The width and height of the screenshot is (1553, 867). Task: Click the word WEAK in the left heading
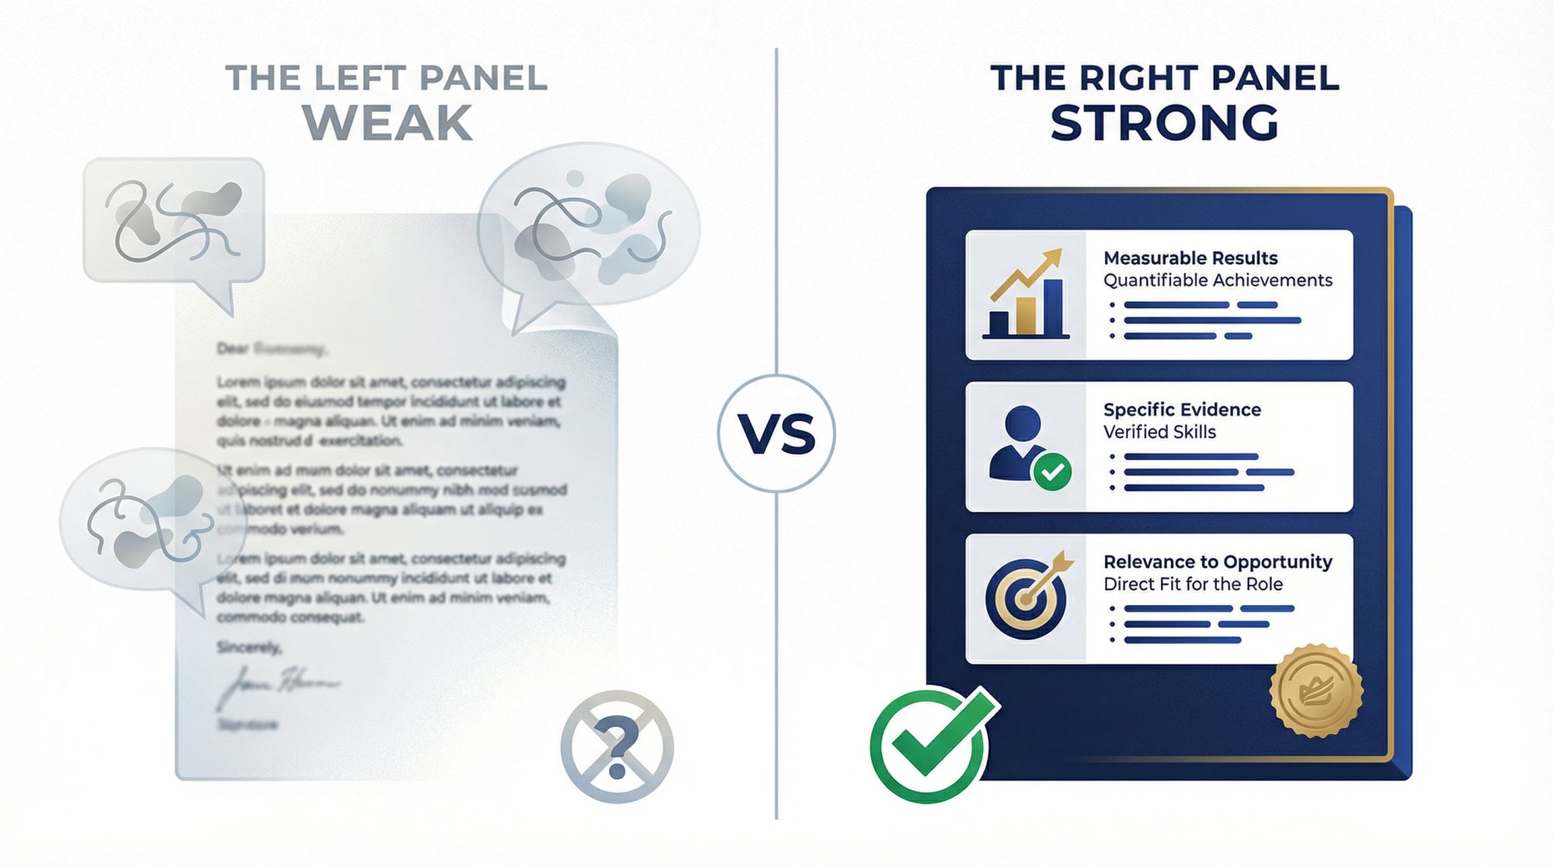coord(387,123)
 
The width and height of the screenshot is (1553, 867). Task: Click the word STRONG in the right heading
coord(1164,123)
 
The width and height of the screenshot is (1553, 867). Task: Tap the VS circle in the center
coord(776,433)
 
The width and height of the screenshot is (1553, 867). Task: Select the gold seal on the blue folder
coord(1316,691)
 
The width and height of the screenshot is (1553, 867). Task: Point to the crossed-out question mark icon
coord(617,747)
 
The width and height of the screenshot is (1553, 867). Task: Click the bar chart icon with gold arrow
coord(1026,295)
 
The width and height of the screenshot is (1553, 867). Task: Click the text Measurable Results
coord(1190,258)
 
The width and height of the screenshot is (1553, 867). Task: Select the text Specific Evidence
coord(1182,409)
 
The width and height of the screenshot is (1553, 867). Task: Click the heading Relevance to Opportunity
coord(1217,562)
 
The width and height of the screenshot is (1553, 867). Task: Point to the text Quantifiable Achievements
coord(1218,280)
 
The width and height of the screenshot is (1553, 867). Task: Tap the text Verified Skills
coord(1159,432)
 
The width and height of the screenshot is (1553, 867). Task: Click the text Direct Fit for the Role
coord(1193,584)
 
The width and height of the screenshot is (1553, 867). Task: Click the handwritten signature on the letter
coord(276,687)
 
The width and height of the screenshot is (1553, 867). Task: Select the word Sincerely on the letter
coord(248,647)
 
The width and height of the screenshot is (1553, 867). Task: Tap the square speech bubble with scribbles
coord(174,221)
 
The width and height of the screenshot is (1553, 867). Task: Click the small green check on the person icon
coord(1052,472)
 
